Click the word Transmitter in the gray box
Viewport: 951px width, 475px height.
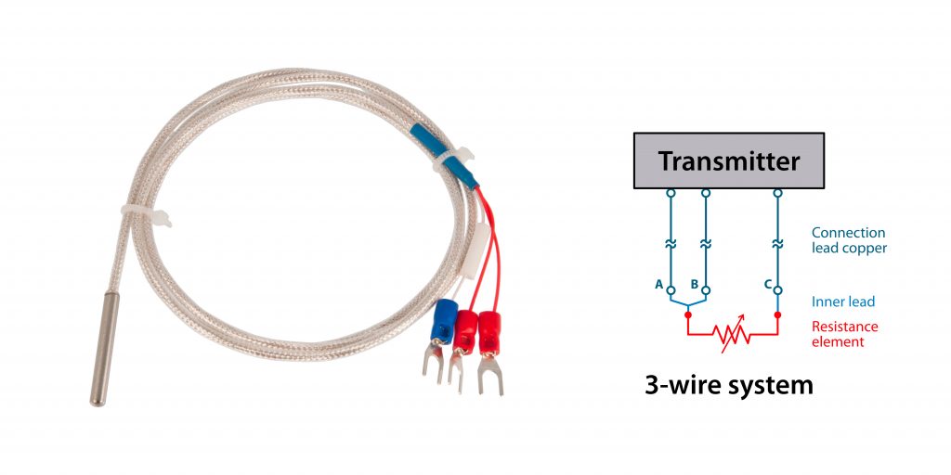point(729,161)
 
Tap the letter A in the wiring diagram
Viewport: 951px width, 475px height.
point(658,285)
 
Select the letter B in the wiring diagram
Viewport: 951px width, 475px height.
point(694,285)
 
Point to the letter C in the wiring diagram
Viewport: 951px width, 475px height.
point(768,285)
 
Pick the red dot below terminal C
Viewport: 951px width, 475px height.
point(778,315)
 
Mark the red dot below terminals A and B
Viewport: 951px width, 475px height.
point(687,315)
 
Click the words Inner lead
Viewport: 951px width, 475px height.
point(842,302)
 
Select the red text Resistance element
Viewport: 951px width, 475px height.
point(844,334)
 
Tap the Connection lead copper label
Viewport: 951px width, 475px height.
point(848,240)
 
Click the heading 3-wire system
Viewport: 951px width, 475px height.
point(729,384)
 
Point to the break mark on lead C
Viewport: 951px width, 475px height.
point(778,244)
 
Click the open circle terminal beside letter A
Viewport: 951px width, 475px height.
point(670,289)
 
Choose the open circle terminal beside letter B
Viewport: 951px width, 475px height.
point(706,289)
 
